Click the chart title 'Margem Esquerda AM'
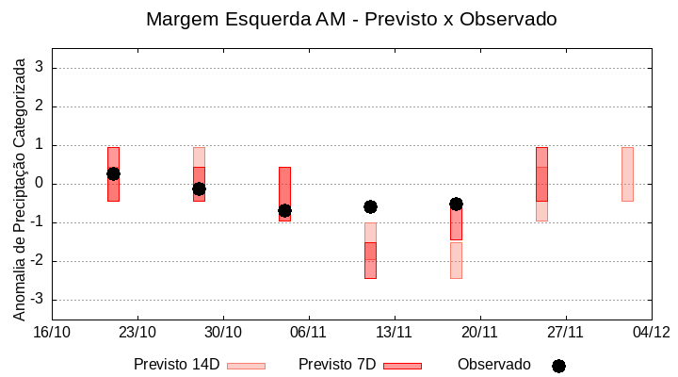(351, 19)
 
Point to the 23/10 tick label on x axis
(137, 332)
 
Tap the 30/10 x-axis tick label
(223, 332)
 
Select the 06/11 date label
(308, 332)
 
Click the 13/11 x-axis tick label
(395, 332)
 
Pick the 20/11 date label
(479, 332)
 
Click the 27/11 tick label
(565, 332)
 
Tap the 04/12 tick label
(651, 332)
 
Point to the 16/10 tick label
(52, 332)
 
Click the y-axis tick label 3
(40, 68)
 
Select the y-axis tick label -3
(37, 300)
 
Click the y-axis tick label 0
(40, 184)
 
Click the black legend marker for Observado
(558, 366)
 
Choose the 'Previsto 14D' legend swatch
(246, 366)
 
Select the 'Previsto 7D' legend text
(337, 365)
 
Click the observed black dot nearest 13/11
(370, 206)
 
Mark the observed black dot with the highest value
(113, 173)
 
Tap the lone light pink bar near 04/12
(627, 174)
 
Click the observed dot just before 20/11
(456, 204)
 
